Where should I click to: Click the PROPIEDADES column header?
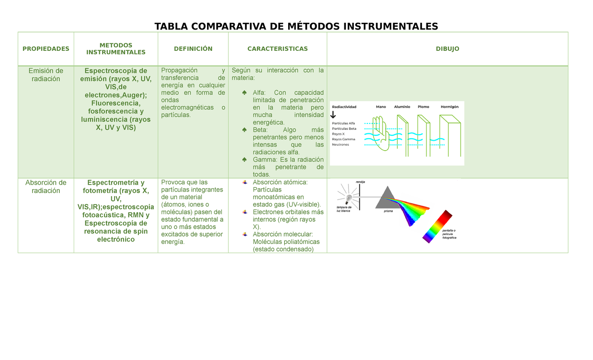click(x=45, y=49)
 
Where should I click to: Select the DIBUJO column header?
click(x=447, y=49)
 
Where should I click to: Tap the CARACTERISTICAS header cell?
click(x=277, y=49)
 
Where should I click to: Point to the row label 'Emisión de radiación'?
click(x=45, y=75)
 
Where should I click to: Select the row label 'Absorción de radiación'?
click(x=45, y=187)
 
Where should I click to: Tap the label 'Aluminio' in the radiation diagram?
click(x=402, y=107)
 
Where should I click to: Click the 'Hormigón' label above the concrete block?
click(x=449, y=107)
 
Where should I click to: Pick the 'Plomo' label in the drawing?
click(x=424, y=107)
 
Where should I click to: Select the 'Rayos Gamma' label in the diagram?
click(x=343, y=139)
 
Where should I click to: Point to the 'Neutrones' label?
click(x=340, y=145)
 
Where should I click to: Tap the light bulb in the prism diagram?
click(x=349, y=199)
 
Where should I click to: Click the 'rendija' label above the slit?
click(x=360, y=182)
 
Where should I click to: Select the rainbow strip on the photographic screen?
click(x=438, y=227)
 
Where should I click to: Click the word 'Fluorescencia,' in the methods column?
click(x=116, y=103)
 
